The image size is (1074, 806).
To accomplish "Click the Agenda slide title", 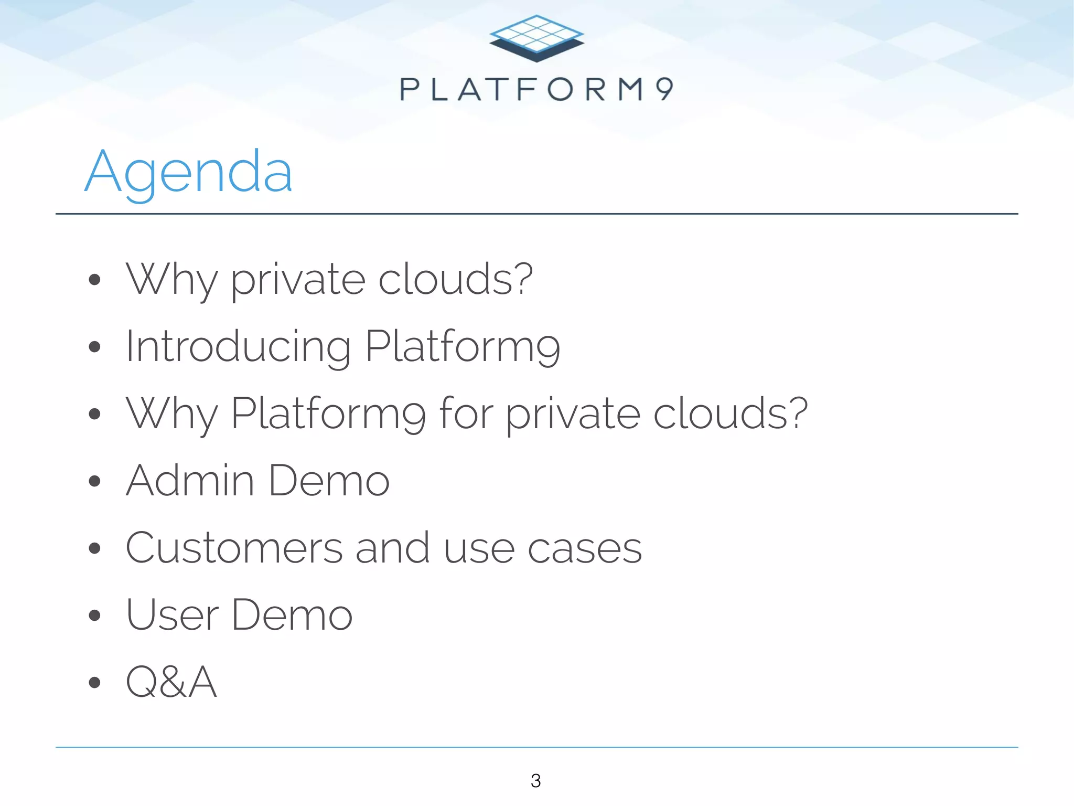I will coord(189,172).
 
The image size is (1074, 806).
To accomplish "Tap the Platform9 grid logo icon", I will coord(536,38).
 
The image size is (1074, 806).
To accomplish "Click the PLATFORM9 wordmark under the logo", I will coord(536,89).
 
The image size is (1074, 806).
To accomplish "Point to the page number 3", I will coord(535,781).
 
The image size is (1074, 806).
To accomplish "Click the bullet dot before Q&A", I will coord(94,682).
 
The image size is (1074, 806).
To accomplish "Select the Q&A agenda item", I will coord(171,682).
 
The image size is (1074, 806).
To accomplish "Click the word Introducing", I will coord(238,347).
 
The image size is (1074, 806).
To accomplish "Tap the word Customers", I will coord(234,548).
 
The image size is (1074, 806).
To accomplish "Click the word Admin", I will coord(190,480).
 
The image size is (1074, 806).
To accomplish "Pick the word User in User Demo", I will coord(172,615).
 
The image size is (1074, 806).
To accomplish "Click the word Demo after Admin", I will coord(329,480).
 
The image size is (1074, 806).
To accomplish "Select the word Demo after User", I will coord(292,615).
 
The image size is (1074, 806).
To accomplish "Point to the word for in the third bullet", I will coord(466,413).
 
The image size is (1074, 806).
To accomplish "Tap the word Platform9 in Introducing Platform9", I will coord(463,347).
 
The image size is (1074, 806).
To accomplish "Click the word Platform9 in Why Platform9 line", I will coord(328,413).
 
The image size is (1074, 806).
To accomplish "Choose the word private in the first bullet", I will coord(298,280).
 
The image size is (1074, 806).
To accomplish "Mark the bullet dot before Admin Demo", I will coord(94,481).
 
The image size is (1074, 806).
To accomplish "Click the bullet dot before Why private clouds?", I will coord(94,280).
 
